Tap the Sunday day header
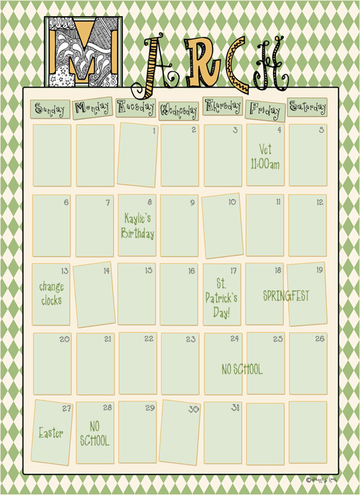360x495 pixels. tap(50, 109)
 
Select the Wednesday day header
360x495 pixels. tap(179, 110)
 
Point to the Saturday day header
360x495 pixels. tap(308, 107)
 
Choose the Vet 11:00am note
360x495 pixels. tap(265, 157)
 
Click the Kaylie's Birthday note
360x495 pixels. tap(137, 226)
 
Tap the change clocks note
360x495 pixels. tap(51, 293)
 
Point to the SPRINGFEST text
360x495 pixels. tap(286, 295)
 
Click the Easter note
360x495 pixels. tap(51, 432)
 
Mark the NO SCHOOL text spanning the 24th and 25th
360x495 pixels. tap(242, 370)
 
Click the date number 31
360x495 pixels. tap(235, 408)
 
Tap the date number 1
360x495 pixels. tap(154, 130)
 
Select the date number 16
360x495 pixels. tap(191, 271)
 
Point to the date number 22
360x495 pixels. tap(149, 339)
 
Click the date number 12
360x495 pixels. tap(320, 202)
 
